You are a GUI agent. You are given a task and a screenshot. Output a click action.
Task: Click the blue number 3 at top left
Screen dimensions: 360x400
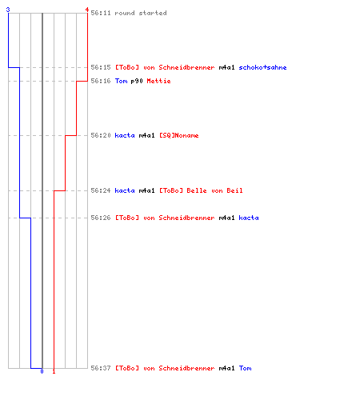(8, 10)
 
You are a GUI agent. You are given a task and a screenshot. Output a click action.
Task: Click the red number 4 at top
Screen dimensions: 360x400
(87, 10)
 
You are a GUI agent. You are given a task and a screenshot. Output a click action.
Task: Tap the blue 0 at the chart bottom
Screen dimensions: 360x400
(42, 371)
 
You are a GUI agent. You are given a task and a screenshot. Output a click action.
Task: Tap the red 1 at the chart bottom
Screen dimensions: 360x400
(54, 371)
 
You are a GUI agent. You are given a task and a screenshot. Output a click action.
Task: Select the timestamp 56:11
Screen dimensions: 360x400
(101, 13)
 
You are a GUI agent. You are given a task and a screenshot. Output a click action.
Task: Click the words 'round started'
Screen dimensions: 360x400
(141, 13)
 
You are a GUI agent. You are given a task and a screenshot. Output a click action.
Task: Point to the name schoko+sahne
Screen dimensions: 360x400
(262, 67)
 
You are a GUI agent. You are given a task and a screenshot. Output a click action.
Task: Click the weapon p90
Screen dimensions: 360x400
(137, 81)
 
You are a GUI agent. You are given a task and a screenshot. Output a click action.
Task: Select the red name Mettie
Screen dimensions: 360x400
(158, 81)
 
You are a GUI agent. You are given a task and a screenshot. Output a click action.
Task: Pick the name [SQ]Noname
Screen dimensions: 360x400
(179, 135)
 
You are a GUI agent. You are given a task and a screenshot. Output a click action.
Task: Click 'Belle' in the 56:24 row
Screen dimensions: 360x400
(197, 190)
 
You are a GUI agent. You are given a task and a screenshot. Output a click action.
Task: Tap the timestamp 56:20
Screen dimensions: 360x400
(101, 135)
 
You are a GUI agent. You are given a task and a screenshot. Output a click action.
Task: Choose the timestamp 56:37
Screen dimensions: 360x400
(101, 368)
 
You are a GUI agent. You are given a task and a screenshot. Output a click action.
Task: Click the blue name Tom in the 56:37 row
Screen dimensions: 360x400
(245, 368)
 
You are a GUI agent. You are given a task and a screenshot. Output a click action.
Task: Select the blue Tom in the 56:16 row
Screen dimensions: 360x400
(121, 81)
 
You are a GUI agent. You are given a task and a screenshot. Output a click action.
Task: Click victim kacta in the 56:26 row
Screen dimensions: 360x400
(249, 218)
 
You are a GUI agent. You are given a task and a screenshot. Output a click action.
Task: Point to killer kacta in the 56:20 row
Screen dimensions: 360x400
(125, 135)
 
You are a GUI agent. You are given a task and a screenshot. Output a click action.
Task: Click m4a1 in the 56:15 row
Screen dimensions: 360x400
(226, 67)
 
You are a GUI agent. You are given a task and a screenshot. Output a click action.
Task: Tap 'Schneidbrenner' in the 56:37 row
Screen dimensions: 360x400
(186, 368)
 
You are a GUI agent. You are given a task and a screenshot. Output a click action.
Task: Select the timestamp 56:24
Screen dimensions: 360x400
(101, 190)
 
